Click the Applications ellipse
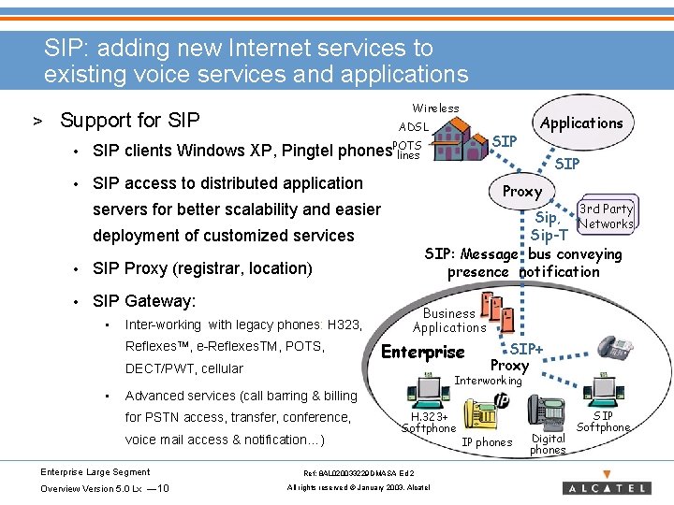[581, 123]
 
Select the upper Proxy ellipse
[522, 192]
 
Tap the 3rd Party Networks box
[606, 216]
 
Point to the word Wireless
[435, 108]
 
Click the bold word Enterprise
[423, 352]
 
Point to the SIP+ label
[526, 349]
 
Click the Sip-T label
[549, 236]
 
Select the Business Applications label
[449, 321]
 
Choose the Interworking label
[488, 381]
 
